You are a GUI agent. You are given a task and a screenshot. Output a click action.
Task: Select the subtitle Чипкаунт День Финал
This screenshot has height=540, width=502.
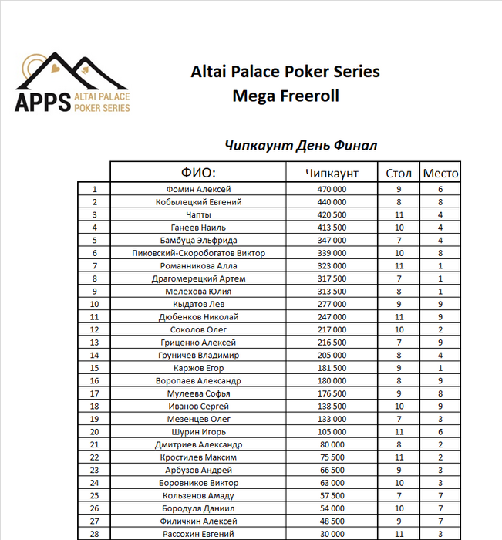pyautogui.click(x=301, y=145)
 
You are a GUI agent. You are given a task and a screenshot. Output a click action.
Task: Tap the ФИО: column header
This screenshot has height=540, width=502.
pyautogui.click(x=198, y=173)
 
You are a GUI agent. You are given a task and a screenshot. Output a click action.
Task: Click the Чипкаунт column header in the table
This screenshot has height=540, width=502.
pyautogui.click(x=332, y=173)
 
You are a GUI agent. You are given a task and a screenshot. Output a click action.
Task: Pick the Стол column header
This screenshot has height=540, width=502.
pyautogui.click(x=399, y=173)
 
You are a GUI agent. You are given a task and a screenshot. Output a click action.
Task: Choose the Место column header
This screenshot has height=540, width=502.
pyautogui.click(x=440, y=173)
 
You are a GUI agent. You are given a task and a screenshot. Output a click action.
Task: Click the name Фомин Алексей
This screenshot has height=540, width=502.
pyautogui.click(x=198, y=189)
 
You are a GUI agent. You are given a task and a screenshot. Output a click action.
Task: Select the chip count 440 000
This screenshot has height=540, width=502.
pyautogui.click(x=332, y=202)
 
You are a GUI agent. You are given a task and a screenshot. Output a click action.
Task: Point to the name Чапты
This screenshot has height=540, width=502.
pyautogui.click(x=198, y=214)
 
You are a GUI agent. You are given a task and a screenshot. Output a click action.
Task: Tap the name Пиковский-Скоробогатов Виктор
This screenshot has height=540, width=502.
pyautogui.click(x=198, y=253)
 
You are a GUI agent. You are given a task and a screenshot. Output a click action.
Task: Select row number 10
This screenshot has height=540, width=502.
pyautogui.click(x=94, y=304)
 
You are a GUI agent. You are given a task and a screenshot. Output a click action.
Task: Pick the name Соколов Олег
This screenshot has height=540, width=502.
pyautogui.click(x=198, y=329)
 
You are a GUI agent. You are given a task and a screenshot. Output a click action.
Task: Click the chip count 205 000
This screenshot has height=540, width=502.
pyautogui.click(x=332, y=355)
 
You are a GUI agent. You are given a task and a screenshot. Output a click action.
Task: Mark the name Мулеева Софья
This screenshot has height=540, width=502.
pyautogui.click(x=198, y=393)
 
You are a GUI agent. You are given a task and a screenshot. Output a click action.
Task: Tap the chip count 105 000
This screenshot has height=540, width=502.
pyautogui.click(x=332, y=432)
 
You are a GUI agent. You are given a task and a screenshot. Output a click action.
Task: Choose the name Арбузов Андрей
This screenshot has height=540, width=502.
pyautogui.click(x=198, y=470)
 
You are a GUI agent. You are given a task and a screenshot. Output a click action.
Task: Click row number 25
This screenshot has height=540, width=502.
pyautogui.click(x=94, y=495)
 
